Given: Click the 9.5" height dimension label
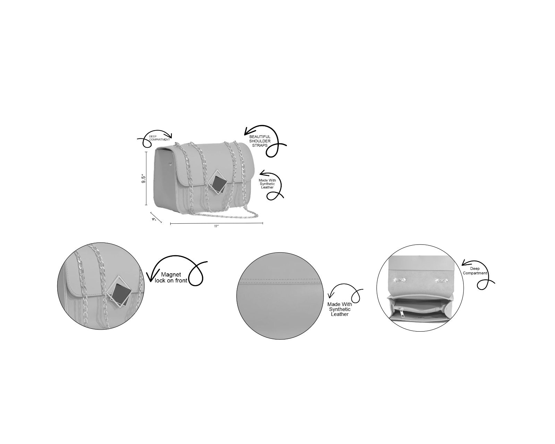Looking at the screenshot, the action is (144, 179).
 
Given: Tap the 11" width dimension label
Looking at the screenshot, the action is (216, 226).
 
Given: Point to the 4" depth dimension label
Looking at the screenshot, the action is (154, 219).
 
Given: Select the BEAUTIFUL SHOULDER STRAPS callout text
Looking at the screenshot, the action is (260, 141).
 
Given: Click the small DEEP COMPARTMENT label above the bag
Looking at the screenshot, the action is (159, 138).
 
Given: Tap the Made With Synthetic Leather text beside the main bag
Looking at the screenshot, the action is (267, 184).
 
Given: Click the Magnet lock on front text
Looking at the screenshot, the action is (171, 277).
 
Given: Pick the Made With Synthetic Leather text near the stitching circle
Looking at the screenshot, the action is (339, 309).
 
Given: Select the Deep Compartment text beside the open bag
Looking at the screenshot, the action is (475, 271).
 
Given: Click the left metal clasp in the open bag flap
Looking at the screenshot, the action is (399, 280).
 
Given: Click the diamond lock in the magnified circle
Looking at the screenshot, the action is (119, 292).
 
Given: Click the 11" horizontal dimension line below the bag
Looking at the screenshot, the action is (217, 223).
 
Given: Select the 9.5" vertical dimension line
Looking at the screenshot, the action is (146, 178).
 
